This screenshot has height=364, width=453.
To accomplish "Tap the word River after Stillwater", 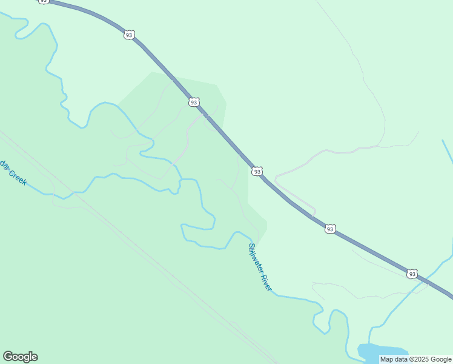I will pyautogui.click(x=266, y=283).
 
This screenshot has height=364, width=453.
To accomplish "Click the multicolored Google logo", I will pyautogui.click(x=20, y=357).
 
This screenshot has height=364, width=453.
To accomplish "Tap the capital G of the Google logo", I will pyautogui.click(x=8, y=357).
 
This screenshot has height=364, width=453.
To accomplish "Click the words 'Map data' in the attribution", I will pyautogui.click(x=394, y=359).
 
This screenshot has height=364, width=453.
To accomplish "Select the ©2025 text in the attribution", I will pyautogui.click(x=420, y=359).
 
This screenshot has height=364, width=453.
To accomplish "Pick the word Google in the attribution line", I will pyautogui.click(x=441, y=359).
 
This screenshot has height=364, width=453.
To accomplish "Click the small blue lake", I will pyautogui.click(x=382, y=352).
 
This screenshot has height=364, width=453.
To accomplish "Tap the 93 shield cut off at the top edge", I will pyautogui.click(x=44, y=2).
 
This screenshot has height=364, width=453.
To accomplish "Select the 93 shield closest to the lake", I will pyautogui.click(x=412, y=274).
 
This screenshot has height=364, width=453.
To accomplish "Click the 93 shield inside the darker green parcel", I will pyautogui.click(x=193, y=103).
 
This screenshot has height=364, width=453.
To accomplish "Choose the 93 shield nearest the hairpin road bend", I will pyautogui.click(x=257, y=172).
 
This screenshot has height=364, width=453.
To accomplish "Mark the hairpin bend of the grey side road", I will pyautogui.click(x=277, y=178).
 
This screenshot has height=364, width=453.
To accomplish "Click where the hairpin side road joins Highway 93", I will pyautogui.click(x=313, y=215).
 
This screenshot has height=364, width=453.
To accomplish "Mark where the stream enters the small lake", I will pyautogui.click(x=371, y=343).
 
